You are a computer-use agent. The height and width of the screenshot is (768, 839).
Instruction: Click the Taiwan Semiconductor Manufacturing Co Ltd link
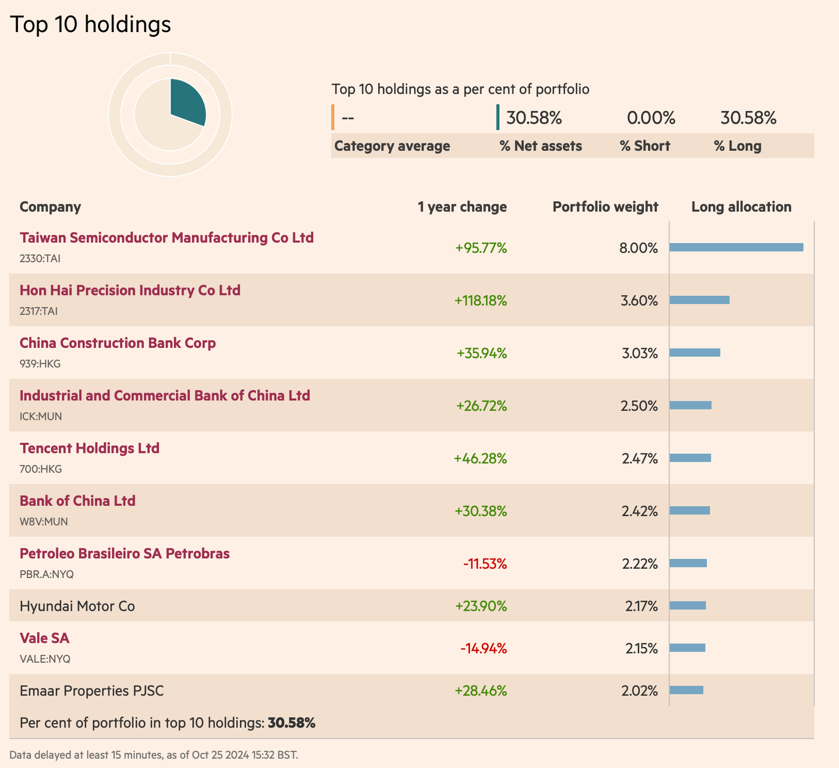click(167, 238)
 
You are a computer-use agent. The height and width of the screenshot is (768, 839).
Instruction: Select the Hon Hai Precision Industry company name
click(130, 290)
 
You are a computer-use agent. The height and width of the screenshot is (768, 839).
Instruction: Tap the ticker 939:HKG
click(40, 364)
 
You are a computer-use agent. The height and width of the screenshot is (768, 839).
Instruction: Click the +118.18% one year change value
click(480, 301)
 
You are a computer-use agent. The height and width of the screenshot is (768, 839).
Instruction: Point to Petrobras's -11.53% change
click(485, 564)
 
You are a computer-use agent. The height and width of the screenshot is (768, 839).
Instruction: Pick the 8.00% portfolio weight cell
click(638, 248)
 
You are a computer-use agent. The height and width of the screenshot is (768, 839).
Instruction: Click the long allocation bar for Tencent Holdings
click(690, 458)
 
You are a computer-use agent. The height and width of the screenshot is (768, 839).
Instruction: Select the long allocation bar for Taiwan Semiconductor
click(736, 248)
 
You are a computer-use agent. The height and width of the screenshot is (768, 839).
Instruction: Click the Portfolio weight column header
click(605, 207)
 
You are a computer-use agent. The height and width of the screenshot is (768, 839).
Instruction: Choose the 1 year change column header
click(462, 207)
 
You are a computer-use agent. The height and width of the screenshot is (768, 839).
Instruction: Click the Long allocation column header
click(741, 207)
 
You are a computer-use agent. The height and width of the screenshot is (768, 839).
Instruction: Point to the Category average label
click(392, 146)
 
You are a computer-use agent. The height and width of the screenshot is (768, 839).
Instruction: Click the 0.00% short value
click(651, 118)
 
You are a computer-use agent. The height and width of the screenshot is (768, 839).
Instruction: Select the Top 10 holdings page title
click(91, 24)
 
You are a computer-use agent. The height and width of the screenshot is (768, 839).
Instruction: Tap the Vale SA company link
click(44, 638)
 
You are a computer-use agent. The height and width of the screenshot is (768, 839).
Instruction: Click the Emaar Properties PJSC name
click(91, 691)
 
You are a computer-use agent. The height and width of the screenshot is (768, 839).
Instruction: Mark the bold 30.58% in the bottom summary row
click(291, 723)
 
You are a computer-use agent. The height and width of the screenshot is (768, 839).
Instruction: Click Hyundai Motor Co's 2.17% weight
click(641, 606)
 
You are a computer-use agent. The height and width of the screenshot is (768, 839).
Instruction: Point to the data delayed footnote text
click(154, 755)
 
